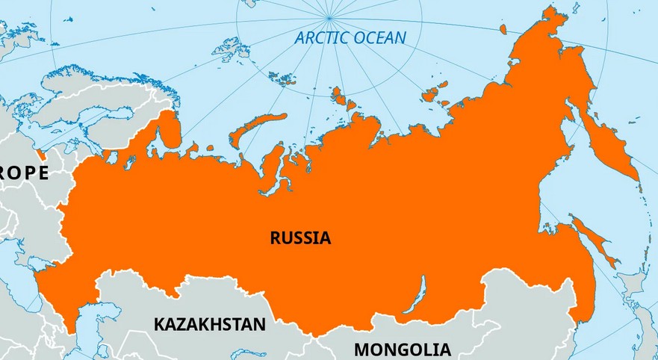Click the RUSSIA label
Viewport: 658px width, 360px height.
(300, 238)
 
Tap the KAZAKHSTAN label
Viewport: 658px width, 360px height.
(210, 324)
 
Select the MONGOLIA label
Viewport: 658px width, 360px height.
(402, 349)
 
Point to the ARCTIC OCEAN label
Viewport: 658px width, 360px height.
(350, 38)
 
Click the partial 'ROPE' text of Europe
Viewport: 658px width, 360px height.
(24, 173)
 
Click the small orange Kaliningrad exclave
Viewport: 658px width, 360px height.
(43, 155)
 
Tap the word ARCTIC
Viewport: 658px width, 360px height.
(320, 38)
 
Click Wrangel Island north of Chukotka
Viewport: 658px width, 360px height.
(503, 29)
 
